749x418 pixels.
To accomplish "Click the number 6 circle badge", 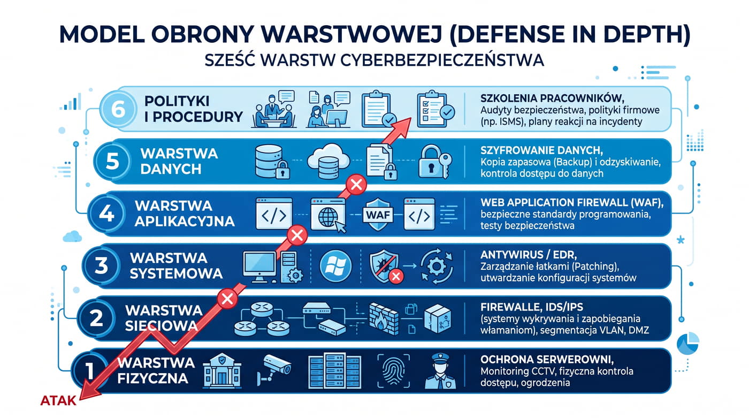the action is pos(118,109).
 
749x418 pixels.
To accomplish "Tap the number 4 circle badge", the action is pos(106,214).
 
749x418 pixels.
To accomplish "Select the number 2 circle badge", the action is pos(96,318).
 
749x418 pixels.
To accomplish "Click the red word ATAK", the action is pos(58,401).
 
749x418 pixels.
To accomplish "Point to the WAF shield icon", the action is pos(378,214).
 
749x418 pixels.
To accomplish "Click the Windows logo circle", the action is pos(336,266).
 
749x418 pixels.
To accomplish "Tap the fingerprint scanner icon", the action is pos(394,371).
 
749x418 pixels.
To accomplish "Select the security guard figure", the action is pos(440,371).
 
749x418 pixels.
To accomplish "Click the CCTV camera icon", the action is pos(273,369).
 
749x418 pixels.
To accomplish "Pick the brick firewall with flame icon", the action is pos(384,319).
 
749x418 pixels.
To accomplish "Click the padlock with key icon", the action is pos(434,162).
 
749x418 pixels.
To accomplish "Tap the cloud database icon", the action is pos(328,161).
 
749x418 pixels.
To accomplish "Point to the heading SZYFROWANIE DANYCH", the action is pos(541,150).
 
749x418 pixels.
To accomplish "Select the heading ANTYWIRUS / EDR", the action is pos(529,255).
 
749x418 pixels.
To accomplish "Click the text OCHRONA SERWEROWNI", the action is pos(547,360).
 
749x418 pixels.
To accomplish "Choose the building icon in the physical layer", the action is pos(222,371).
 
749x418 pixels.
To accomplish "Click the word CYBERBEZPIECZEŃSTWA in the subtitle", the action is pos(442,60).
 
